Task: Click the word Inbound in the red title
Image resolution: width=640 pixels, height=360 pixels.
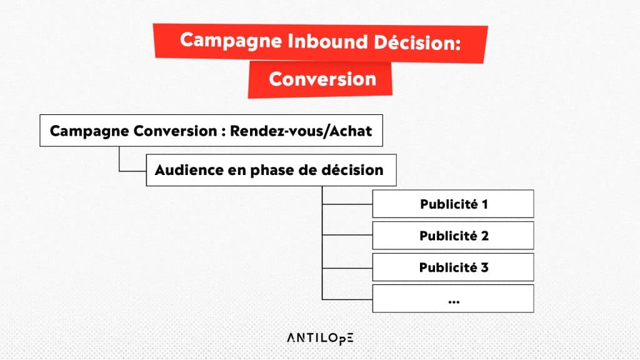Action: click(327, 41)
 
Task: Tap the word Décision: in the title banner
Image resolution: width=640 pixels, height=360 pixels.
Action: click(417, 42)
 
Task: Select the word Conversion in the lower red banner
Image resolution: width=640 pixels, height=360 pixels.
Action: click(322, 79)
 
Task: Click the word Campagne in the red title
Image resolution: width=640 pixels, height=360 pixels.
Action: click(231, 41)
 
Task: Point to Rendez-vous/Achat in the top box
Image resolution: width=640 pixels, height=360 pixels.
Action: click(301, 131)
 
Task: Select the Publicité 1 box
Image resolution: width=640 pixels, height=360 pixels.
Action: click(453, 204)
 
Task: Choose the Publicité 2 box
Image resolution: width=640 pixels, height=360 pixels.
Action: click(453, 236)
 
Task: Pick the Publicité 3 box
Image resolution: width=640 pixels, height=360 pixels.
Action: click(453, 267)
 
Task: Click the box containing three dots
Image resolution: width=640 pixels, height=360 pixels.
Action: click(453, 299)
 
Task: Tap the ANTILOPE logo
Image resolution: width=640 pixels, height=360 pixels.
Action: click(320, 338)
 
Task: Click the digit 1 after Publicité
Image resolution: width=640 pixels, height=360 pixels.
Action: click(485, 204)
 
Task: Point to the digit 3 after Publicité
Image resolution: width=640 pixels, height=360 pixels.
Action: click(484, 267)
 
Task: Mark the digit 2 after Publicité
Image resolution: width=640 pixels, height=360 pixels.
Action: click(484, 236)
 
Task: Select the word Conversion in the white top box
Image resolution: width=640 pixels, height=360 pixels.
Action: click(175, 131)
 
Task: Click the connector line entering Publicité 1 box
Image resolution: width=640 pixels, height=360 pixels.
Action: click(347, 204)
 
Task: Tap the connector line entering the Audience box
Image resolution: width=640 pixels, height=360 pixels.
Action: click(132, 171)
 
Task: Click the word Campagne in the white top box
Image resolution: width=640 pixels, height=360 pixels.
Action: click(89, 131)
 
